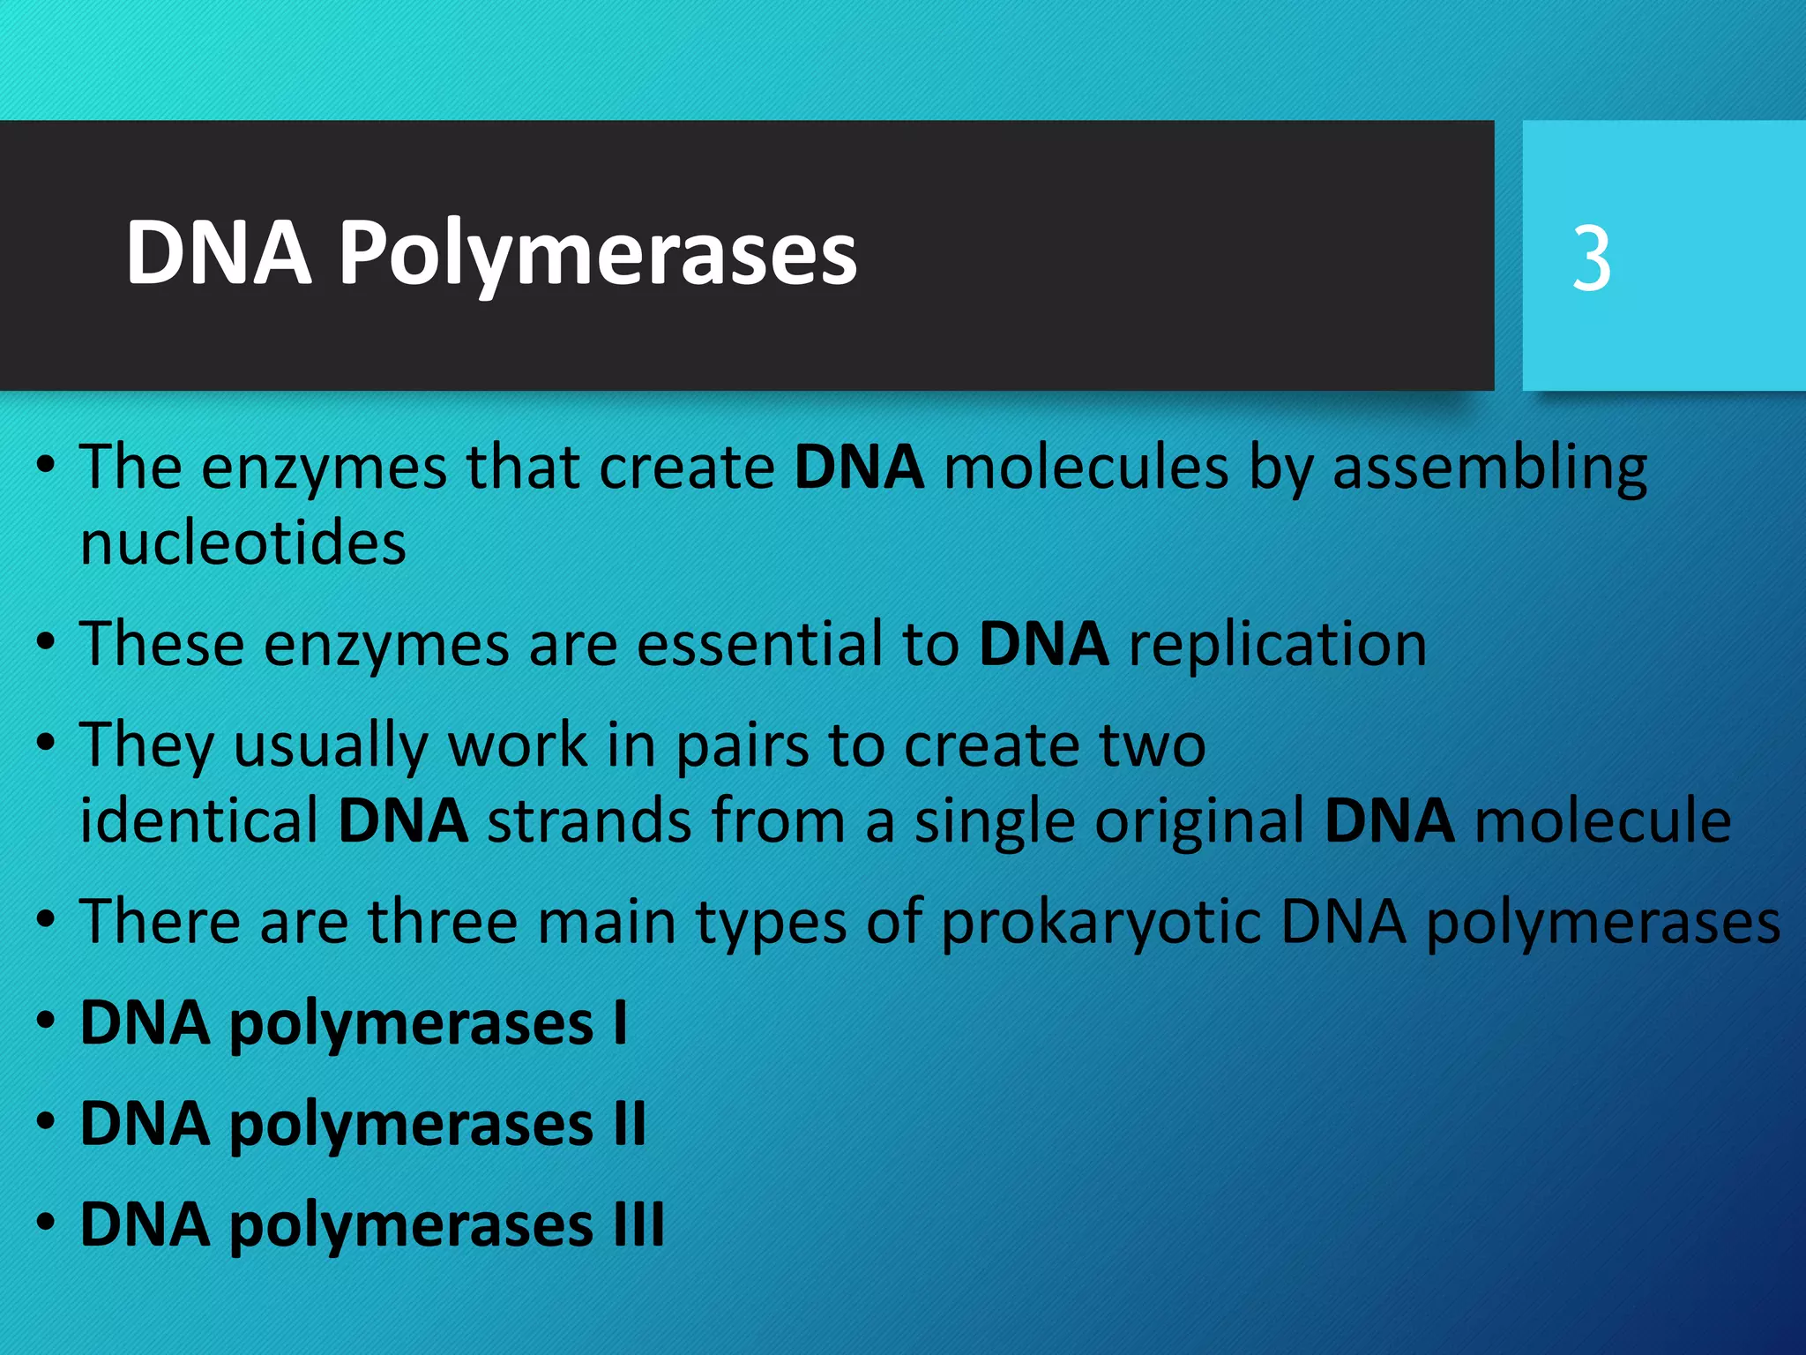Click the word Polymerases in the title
click(598, 254)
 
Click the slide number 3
click(1592, 258)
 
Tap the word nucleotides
click(243, 543)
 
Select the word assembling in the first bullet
click(1489, 468)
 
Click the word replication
click(1278, 645)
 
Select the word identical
click(199, 820)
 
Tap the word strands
click(589, 820)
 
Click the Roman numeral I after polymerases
click(620, 1023)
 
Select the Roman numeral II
click(631, 1125)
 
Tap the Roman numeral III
click(639, 1225)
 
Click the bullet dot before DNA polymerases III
click(46, 1224)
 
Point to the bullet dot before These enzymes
click(46, 643)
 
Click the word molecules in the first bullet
click(1086, 468)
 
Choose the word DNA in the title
click(219, 254)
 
